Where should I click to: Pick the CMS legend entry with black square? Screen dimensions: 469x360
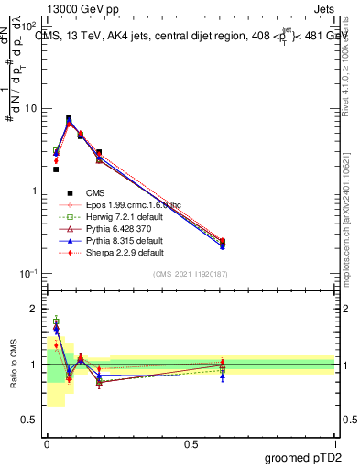pos(96,193)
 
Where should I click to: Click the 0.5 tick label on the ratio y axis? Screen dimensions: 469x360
pos(29,421)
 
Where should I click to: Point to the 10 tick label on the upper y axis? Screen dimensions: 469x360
pos(29,108)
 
